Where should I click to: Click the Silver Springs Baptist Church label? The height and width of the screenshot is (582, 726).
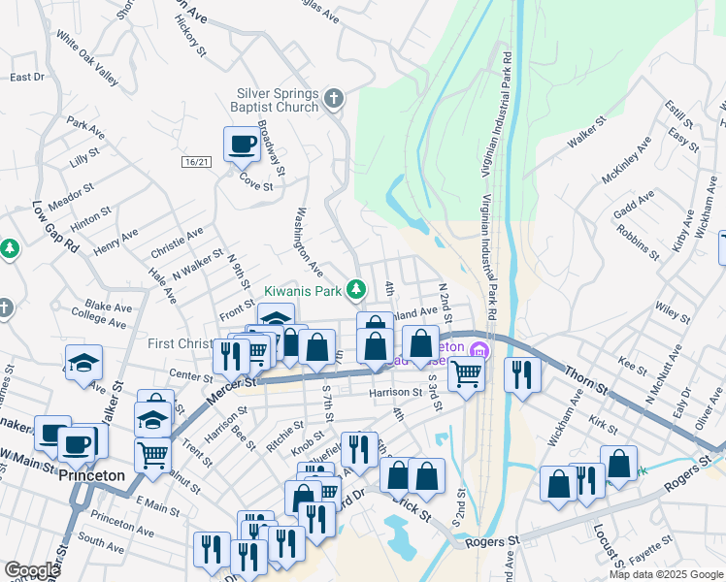pos(278,100)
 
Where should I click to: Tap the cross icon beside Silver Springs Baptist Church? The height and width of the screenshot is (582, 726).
pos(334,98)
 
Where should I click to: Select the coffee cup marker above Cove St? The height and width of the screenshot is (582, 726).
pos(242,145)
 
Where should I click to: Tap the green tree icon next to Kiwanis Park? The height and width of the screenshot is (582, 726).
pos(356,289)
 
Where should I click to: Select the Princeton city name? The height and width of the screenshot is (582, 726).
pos(91,476)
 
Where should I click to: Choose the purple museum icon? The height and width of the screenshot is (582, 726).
pos(477,349)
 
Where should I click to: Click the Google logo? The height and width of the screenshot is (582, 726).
pos(32,570)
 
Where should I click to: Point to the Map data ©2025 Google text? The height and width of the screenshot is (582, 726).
pos(665,574)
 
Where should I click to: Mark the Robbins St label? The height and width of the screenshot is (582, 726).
pos(638,242)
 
